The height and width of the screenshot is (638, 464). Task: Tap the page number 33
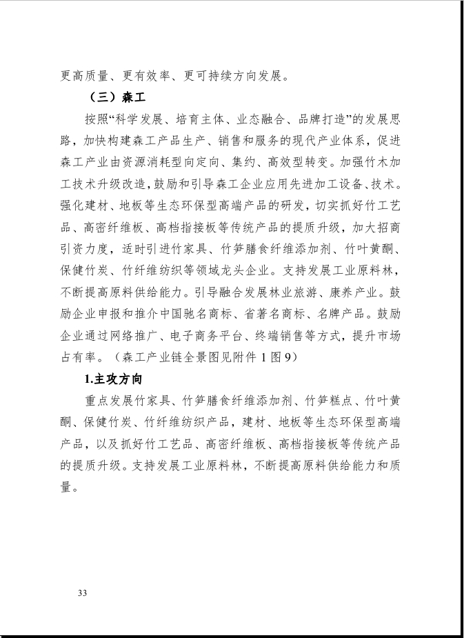click(83, 593)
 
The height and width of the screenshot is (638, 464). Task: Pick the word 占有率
click(78, 357)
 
